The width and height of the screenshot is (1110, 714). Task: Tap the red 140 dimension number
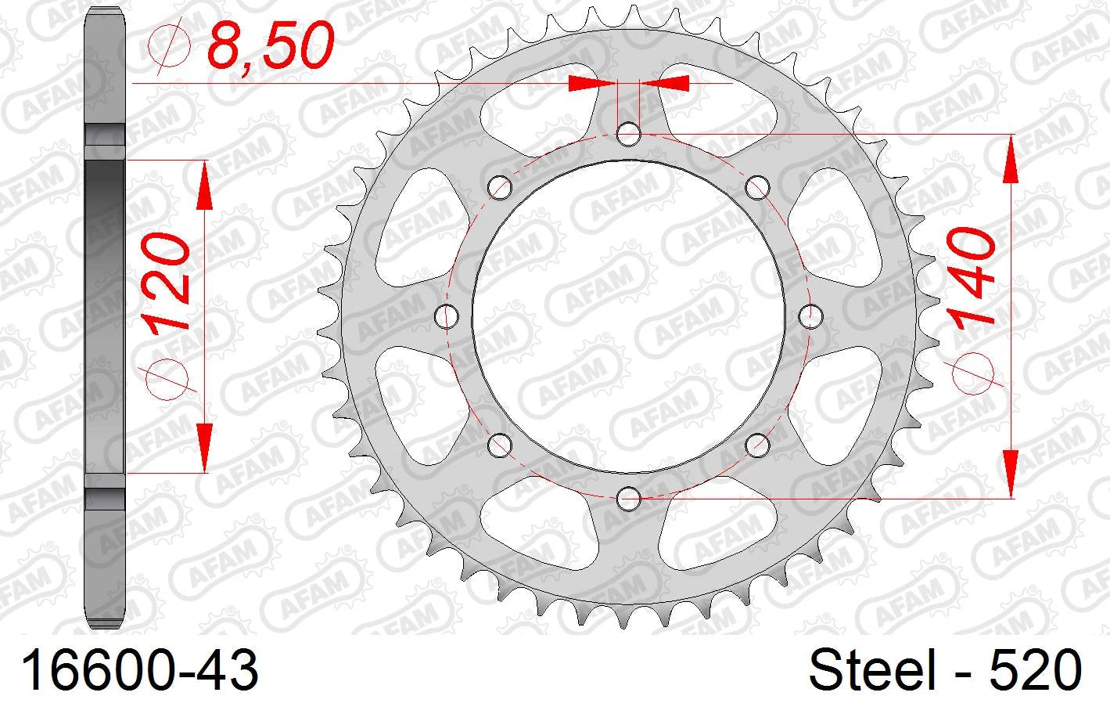point(970,276)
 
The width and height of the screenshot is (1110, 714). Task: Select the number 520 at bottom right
point(1036,670)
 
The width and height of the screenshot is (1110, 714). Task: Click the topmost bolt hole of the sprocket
point(629,135)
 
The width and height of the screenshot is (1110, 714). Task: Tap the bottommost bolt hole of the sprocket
point(629,498)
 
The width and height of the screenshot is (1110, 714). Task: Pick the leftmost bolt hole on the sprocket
point(447,316)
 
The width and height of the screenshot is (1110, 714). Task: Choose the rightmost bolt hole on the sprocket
point(811,316)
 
